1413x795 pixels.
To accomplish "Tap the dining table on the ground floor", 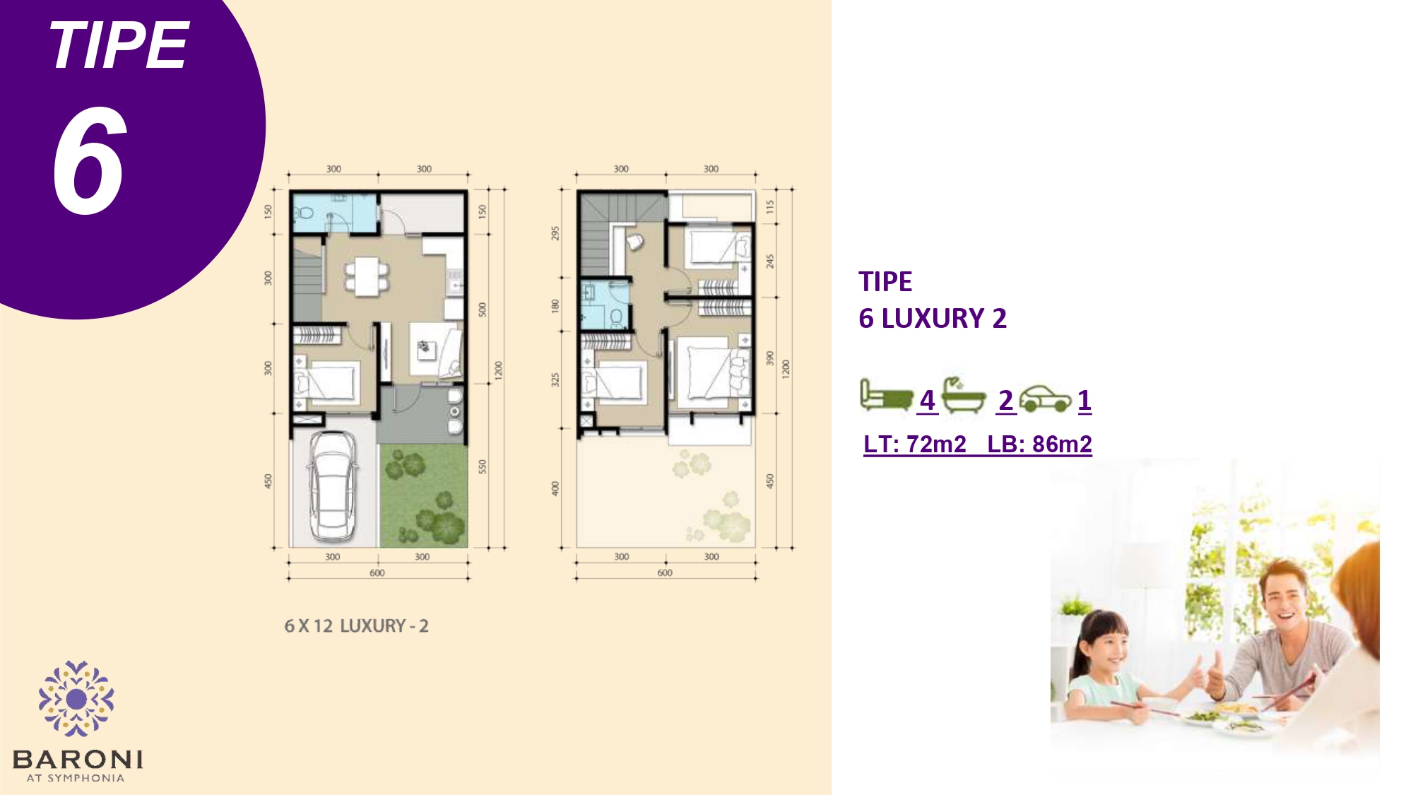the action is tap(367, 276).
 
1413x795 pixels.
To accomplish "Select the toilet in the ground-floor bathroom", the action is tap(305, 212).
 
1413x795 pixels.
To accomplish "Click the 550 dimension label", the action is tap(483, 466).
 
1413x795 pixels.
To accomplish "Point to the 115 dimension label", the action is tap(770, 206).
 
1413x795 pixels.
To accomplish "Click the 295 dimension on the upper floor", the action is tap(555, 232).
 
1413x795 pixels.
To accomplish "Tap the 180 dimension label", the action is tap(555, 306).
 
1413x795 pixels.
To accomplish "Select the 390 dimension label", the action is tap(770, 358).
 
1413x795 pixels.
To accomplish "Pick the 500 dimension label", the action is tap(483, 310).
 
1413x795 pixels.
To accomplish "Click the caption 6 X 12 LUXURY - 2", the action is tap(356, 626).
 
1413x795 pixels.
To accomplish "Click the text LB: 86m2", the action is tap(1039, 444).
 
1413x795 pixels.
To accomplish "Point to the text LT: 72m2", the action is tap(915, 444).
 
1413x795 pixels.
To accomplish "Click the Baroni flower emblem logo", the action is tap(76, 699).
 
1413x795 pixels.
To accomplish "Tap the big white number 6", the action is tap(90, 160).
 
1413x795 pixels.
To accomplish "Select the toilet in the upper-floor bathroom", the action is tap(616, 317).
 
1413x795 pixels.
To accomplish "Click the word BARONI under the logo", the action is tap(78, 760).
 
